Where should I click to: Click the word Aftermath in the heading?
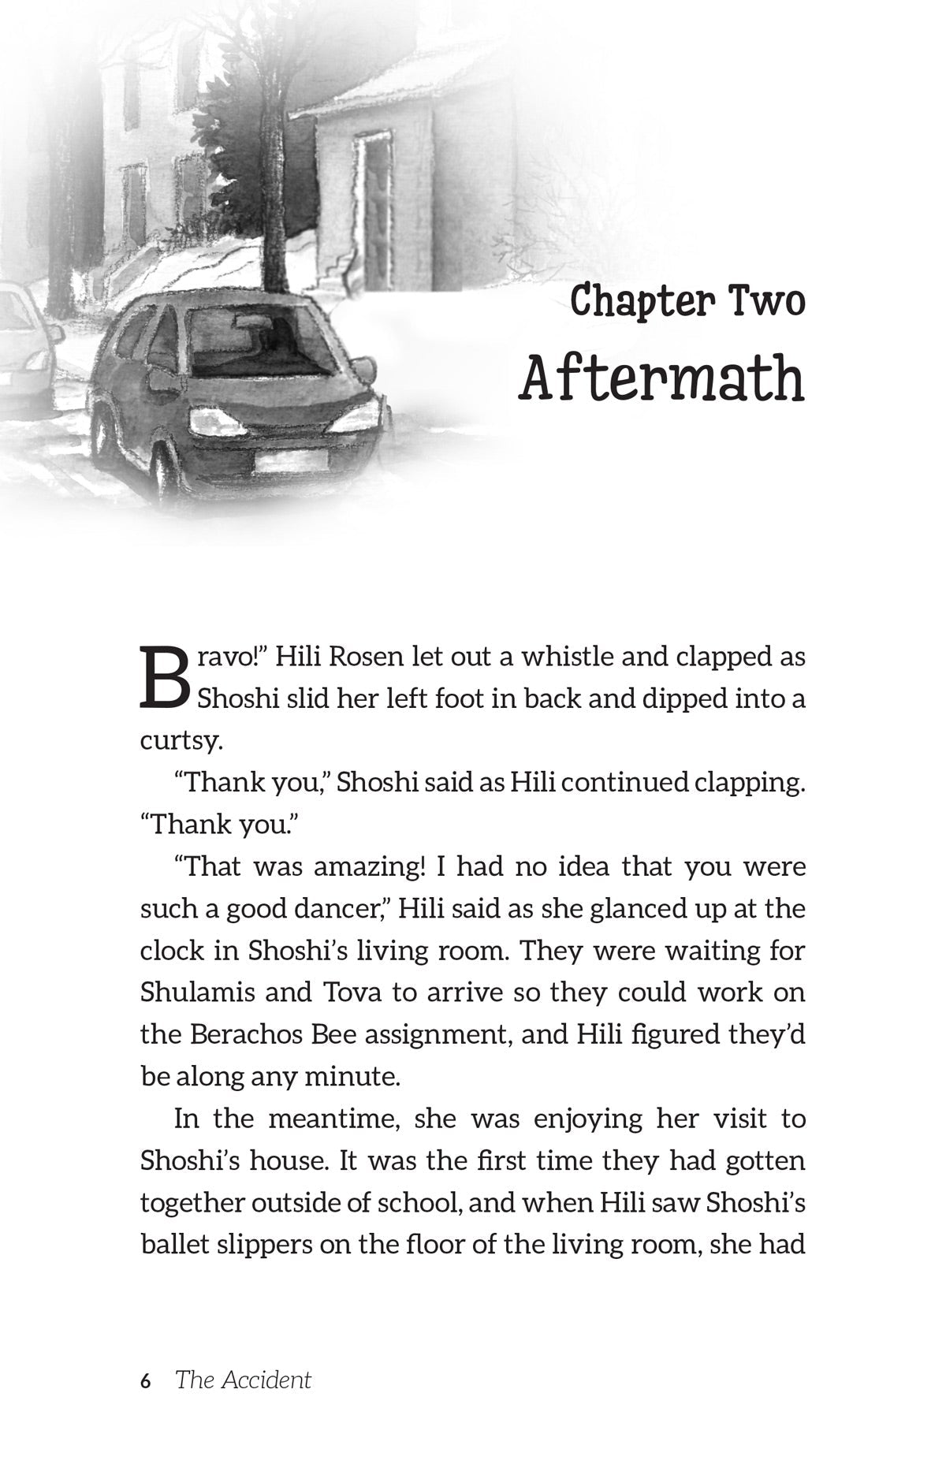pyautogui.click(x=661, y=378)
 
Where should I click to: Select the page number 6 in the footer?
pyautogui.click(x=145, y=1380)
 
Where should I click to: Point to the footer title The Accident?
pyautogui.click(x=243, y=1380)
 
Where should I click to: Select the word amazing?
pyautogui.click(x=370, y=866)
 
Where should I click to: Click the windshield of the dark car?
pyautogui.click(x=260, y=342)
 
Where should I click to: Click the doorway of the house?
pyautogui.click(x=374, y=213)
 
